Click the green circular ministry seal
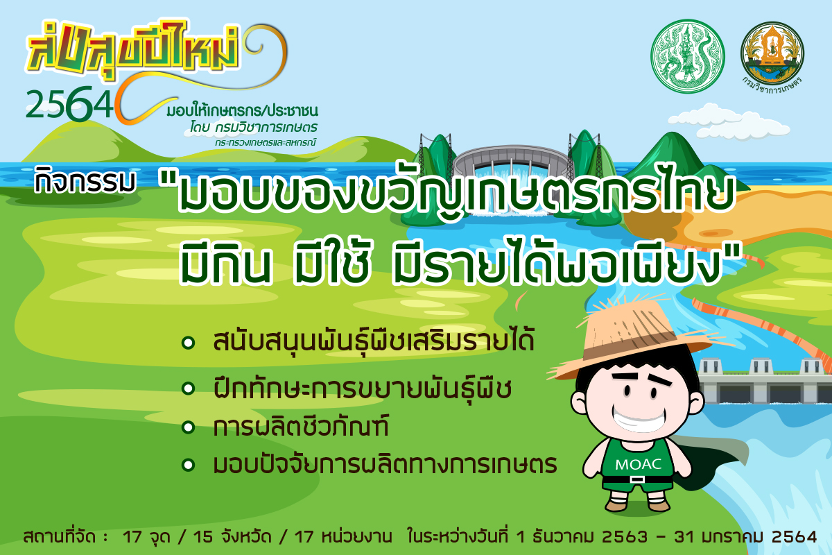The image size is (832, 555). (688, 56)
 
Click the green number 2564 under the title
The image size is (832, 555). (69, 104)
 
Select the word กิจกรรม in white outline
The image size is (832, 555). (85, 181)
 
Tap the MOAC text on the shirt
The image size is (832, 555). (638, 464)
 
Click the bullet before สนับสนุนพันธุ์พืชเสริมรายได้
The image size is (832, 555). (189, 343)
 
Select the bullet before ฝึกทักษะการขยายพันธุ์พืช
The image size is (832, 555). (189, 388)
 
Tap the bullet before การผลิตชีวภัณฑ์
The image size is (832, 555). (189, 427)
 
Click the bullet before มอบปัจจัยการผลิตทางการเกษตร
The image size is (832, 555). (189, 465)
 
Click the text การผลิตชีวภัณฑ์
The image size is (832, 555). (301, 426)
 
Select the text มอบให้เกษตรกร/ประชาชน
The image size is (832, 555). (242, 111)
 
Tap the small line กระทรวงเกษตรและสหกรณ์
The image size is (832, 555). (265, 142)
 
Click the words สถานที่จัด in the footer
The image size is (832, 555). (60, 536)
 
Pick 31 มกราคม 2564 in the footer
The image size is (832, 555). (745, 536)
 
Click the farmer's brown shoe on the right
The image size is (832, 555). (659, 504)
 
